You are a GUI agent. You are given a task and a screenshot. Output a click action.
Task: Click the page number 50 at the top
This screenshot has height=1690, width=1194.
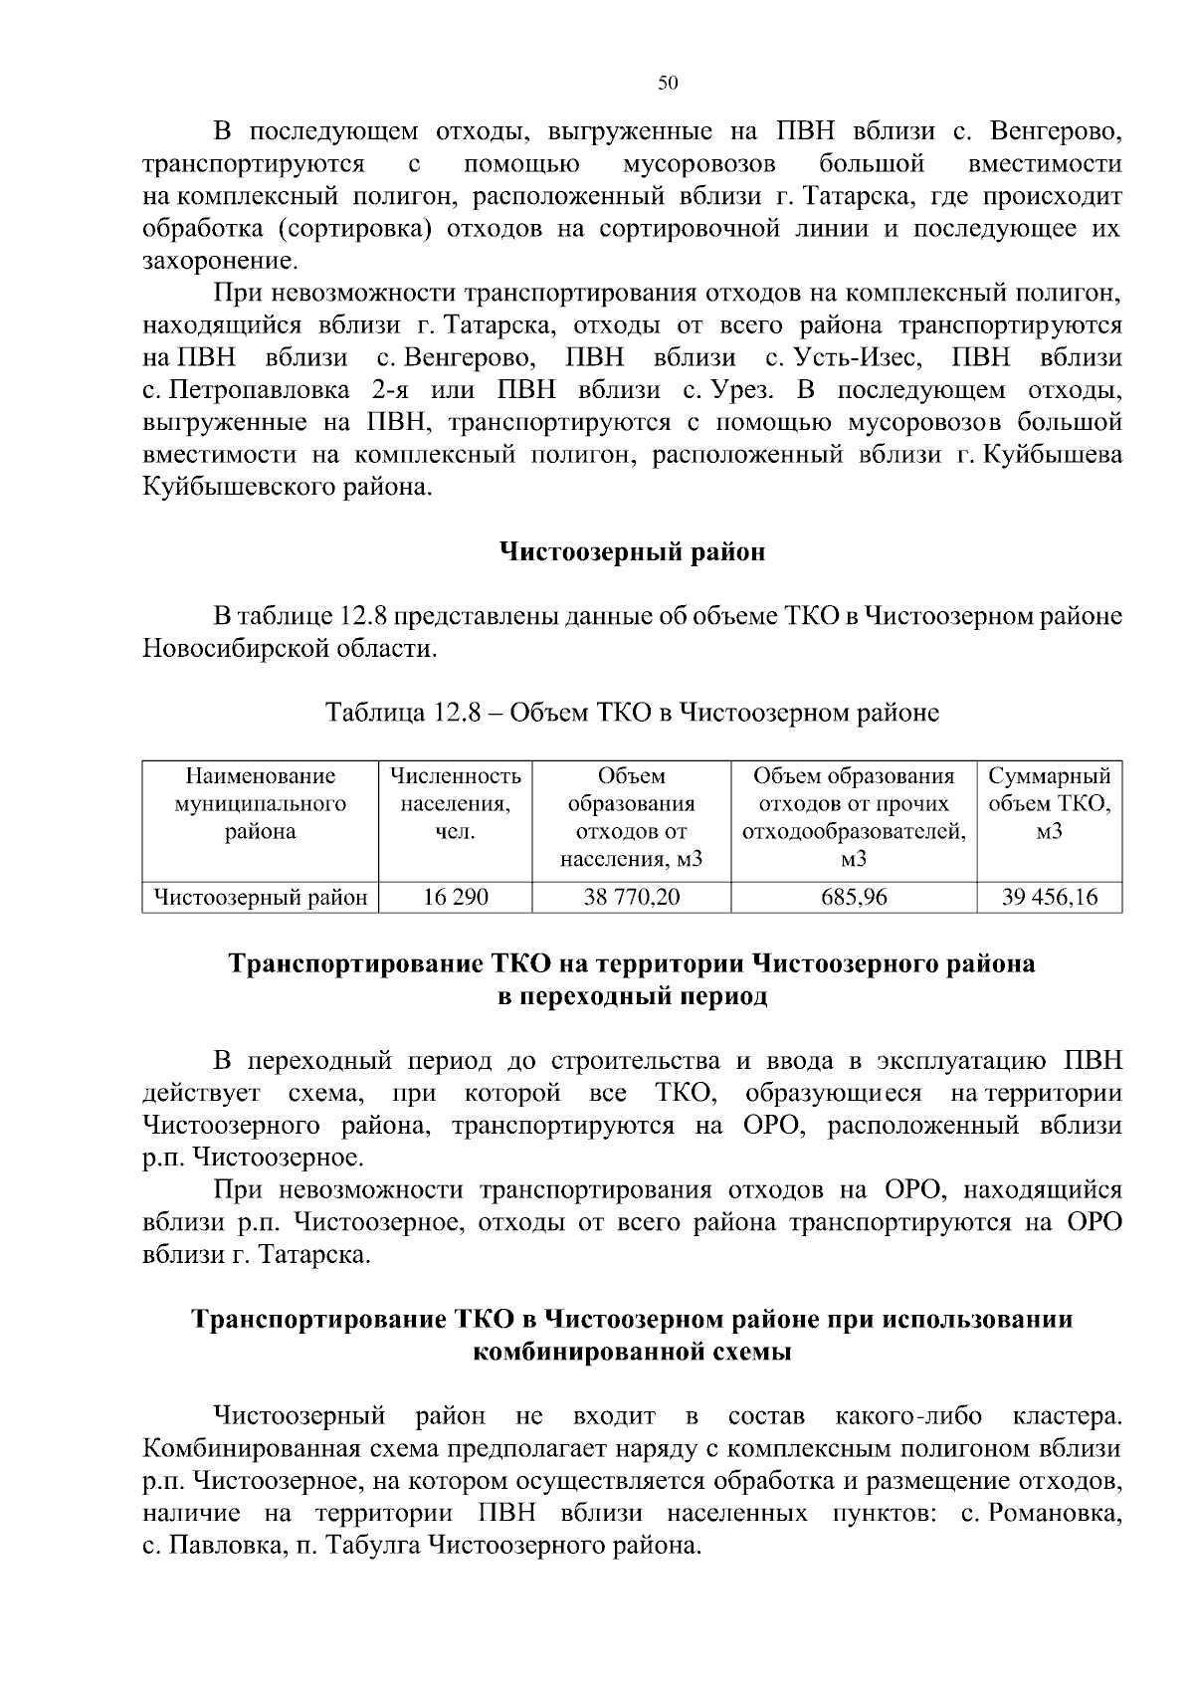(x=668, y=84)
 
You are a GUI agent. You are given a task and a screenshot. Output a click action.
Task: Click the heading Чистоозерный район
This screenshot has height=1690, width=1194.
(x=632, y=551)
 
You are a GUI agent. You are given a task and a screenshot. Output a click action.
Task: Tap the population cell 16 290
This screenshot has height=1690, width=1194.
(x=456, y=897)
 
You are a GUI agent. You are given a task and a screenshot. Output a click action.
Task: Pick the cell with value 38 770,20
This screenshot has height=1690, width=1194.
(x=632, y=897)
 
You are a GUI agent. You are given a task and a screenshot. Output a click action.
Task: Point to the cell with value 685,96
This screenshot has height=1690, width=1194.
(x=854, y=897)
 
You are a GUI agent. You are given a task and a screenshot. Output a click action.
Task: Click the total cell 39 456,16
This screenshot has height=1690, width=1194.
(x=1050, y=897)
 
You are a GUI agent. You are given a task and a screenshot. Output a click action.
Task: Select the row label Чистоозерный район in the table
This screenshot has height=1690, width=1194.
(x=261, y=897)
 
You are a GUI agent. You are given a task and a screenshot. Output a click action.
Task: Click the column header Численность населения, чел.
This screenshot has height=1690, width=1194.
(x=456, y=803)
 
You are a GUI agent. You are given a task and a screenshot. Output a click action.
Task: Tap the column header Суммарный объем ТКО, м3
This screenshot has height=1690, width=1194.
(x=1050, y=803)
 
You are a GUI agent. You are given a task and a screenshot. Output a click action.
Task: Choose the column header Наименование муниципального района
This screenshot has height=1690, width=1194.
(x=261, y=803)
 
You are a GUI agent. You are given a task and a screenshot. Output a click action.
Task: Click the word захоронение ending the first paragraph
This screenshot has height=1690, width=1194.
(x=219, y=262)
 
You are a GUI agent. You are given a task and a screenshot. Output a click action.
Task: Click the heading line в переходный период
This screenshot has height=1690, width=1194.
(x=632, y=996)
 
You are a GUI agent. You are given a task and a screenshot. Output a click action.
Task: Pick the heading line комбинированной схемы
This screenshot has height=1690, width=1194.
(x=632, y=1353)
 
